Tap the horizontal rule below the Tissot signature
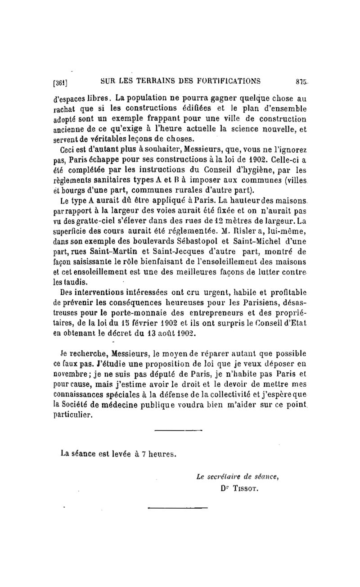coord(178,509)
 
